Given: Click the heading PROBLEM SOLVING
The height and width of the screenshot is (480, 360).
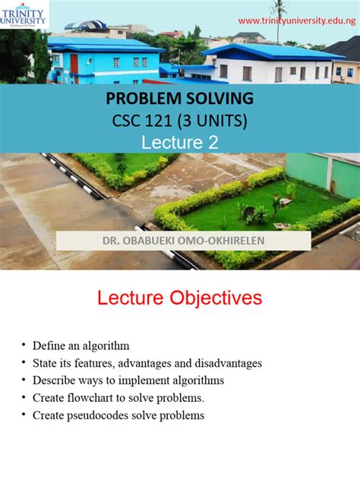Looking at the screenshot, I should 179,99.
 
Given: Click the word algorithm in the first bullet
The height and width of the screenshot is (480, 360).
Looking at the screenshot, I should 107,346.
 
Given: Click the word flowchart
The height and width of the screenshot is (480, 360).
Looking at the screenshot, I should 92,398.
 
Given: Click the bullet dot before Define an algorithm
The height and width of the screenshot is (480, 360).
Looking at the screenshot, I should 25,346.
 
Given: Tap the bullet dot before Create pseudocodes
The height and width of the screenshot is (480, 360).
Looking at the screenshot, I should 25,415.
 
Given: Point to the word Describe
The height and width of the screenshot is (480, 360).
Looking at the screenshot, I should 52,381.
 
